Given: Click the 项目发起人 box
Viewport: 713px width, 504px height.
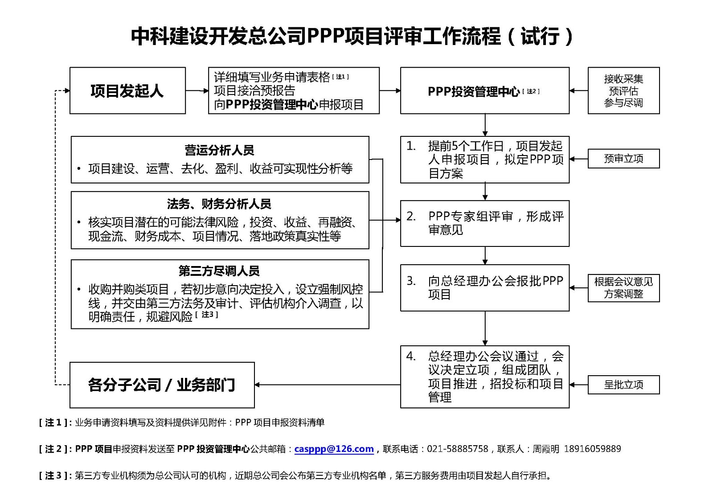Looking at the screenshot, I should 127,90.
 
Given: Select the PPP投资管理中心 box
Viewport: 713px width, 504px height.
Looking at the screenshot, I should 484,91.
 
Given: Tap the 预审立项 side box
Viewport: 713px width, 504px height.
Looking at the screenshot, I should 623,159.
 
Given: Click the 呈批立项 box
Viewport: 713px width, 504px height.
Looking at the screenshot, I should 623,385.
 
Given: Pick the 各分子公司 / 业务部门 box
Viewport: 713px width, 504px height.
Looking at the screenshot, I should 162,385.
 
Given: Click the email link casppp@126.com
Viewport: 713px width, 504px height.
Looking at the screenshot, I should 334,449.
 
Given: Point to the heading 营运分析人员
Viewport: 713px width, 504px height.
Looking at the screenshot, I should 219,150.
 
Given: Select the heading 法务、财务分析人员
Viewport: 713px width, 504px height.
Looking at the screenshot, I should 219,204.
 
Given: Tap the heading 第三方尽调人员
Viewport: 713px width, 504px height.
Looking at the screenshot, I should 219,271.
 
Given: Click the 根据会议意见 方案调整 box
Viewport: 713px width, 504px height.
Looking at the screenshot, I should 623,288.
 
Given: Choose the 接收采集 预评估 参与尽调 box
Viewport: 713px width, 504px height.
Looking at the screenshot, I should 623,91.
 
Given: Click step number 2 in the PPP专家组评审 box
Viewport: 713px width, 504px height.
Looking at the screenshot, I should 411,217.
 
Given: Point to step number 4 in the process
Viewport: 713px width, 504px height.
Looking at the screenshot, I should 411,356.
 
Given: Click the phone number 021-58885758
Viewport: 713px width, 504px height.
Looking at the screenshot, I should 457,449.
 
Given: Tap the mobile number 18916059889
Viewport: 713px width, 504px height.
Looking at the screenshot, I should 592,449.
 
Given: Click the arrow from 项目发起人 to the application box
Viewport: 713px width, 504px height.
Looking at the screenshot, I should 197,91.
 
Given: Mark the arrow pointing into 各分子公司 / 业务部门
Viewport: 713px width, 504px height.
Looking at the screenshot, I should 258,385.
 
